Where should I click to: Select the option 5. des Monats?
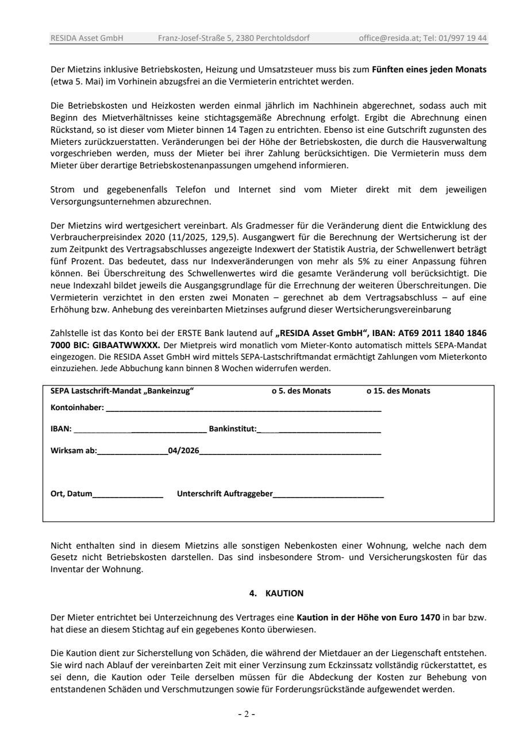click(x=301, y=391)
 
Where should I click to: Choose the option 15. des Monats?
click(x=398, y=391)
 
